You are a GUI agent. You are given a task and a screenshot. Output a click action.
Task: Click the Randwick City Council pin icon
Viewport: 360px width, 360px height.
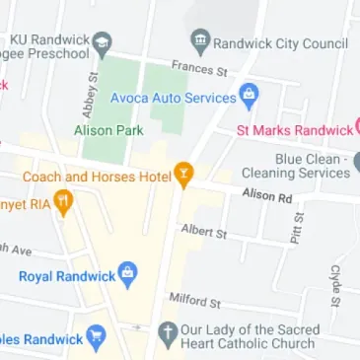click(x=200, y=42)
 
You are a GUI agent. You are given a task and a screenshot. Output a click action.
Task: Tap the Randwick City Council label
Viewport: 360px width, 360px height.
click(x=280, y=43)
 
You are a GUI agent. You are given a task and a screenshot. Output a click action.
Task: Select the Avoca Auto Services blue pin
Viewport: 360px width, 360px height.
click(x=249, y=98)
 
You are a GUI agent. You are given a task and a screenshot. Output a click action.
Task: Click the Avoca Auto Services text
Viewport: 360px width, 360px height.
click(x=173, y=99)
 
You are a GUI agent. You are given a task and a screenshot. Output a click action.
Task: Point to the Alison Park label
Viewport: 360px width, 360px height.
click(x=108, y=130)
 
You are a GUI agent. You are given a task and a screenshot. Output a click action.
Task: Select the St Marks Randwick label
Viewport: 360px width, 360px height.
click(x=295, y=130)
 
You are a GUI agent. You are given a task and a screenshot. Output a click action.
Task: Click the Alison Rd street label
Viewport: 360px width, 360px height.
click(x=267, y=196)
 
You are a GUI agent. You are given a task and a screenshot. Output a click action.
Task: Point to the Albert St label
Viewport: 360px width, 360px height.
click(x=204, y=232)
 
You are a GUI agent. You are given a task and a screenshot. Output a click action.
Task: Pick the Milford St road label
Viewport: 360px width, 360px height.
click(x=194, y=300)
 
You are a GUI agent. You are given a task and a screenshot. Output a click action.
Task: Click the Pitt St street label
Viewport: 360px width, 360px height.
click(x=297, y=228)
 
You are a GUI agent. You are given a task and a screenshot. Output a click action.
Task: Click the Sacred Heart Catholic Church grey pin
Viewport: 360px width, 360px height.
click(x=167, y=334)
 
